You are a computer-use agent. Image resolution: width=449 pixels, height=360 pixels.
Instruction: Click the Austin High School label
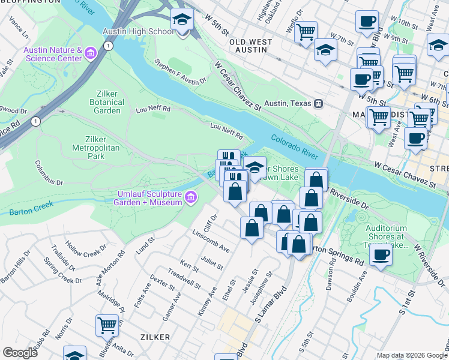pos(139,31)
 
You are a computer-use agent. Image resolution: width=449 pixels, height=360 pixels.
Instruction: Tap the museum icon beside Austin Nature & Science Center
pos(91,54)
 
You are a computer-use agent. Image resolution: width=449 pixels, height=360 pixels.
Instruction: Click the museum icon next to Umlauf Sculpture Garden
pos(191,197)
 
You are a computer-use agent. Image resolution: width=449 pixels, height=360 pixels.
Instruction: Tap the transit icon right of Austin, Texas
pos(319,103)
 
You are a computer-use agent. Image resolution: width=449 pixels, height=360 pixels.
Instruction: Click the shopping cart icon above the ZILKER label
pos(107,325)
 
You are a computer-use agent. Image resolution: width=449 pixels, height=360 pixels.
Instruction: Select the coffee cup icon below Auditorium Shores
pos(381,255)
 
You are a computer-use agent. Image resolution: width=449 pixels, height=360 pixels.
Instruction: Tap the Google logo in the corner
pos(19,353)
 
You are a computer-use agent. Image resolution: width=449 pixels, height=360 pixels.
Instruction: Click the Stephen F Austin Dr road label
pos(180,71)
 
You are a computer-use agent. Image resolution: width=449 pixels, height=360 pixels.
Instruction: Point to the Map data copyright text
pos(412,355)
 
